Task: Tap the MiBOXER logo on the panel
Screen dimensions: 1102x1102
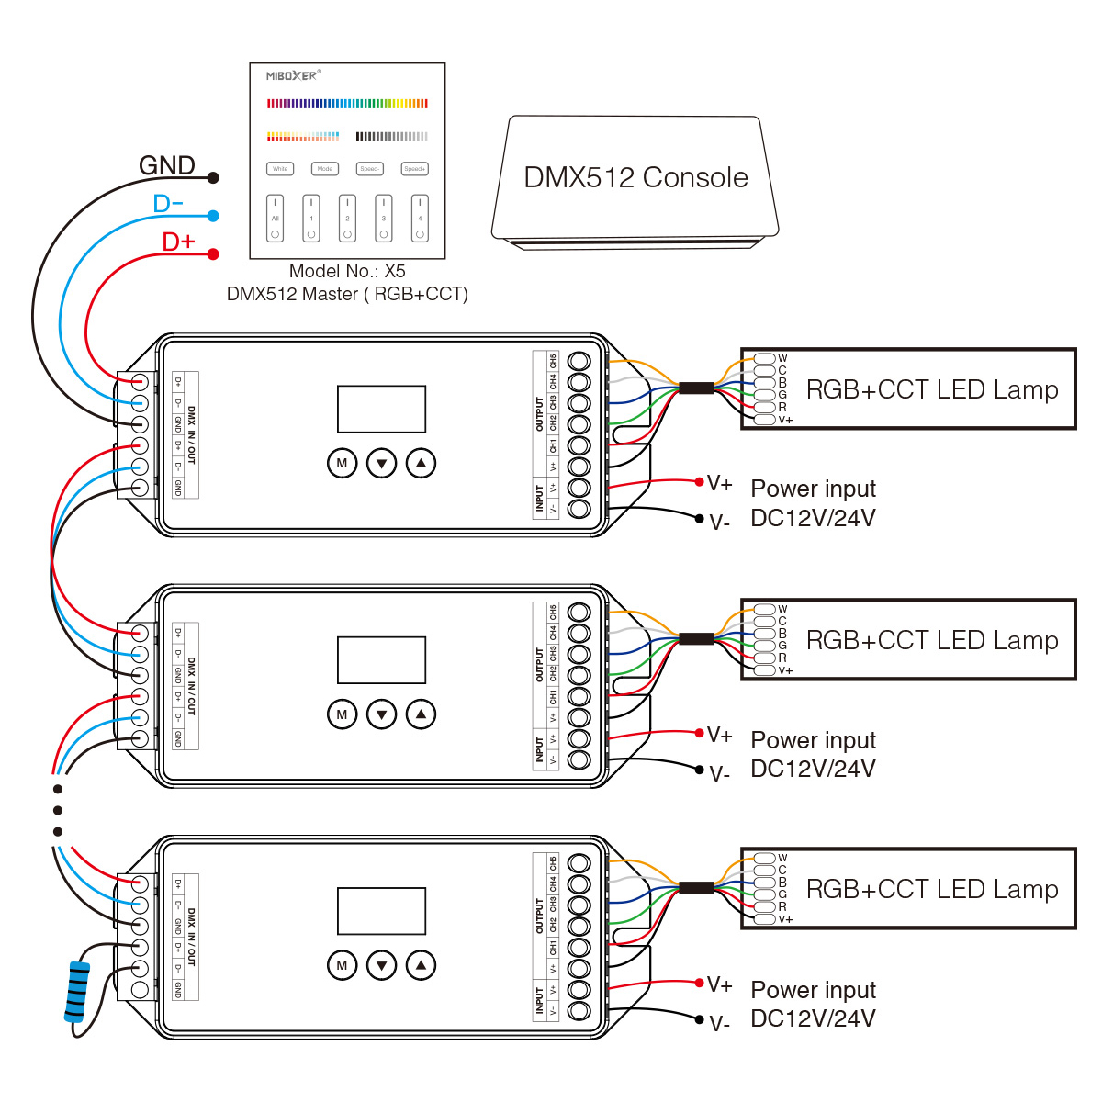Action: tap(292, 75)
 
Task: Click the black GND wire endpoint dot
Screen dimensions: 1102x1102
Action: tap(213, 177)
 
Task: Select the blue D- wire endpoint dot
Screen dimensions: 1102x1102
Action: tap(213, 216)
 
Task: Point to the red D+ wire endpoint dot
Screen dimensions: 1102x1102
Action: tap(213, 253)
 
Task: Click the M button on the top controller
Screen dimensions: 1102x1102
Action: tap(342, 463)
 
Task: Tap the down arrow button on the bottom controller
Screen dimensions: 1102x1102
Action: tap(381, 965)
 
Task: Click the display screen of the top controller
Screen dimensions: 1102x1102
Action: tap(381, 409)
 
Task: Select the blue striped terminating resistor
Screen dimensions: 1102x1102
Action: tap(77, 992)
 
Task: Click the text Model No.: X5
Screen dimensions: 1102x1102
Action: tap(347, 271)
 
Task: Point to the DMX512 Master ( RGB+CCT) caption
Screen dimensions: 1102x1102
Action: tap(347, 294)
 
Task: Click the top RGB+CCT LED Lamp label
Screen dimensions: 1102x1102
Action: tap(931, 389)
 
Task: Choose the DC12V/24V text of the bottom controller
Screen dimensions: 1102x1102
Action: tap(813, 1018)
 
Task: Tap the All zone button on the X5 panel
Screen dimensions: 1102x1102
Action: tap(275, 219)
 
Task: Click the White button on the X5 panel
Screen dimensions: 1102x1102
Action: tap(280, 169)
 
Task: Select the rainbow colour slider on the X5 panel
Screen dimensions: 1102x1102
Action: tap(347, 104)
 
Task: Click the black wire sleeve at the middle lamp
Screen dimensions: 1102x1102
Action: tap(696, 638)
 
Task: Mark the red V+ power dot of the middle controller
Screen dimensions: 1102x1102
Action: tap(700, 733)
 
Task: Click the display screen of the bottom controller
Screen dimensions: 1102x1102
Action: tap(381, 911)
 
